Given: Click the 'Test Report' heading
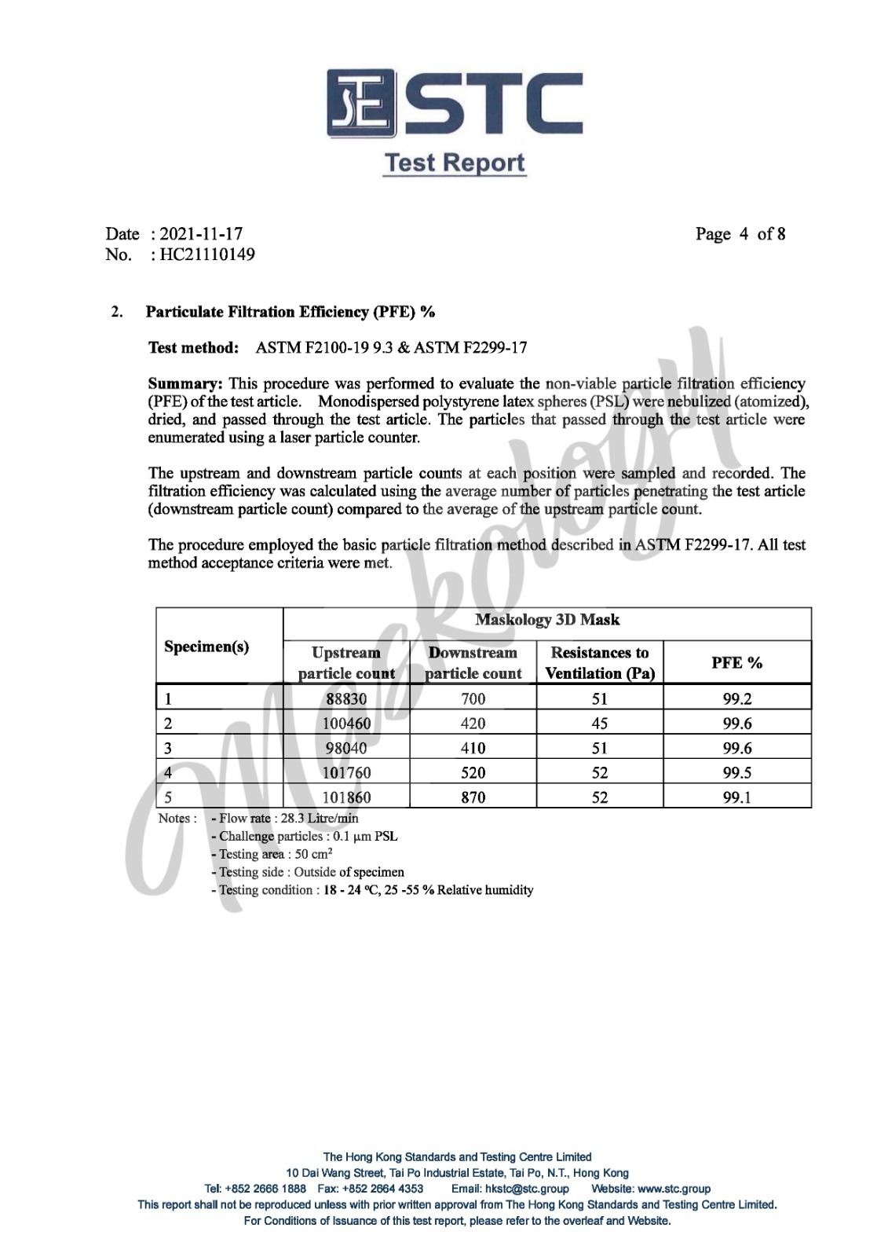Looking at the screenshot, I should pos(454,163).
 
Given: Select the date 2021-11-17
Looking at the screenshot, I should pos(201,233).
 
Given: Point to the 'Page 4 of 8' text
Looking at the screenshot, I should pos(740,234).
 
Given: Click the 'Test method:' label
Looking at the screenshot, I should pos(193,347).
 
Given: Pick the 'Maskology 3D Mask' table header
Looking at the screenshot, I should pos(546,620).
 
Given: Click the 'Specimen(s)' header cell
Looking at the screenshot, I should pos(206,647).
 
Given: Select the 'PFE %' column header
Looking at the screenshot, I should pos(736,662).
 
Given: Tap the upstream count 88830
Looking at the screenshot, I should pos(346,698).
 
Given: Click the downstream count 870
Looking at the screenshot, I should pos(473,797).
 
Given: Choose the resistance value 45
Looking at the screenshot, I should pos(599,724).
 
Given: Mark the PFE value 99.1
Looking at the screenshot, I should pos(736,797).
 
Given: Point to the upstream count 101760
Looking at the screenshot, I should pos(346,773).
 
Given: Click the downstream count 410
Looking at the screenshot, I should pos(473,748).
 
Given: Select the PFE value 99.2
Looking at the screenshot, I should pos(736,698).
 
